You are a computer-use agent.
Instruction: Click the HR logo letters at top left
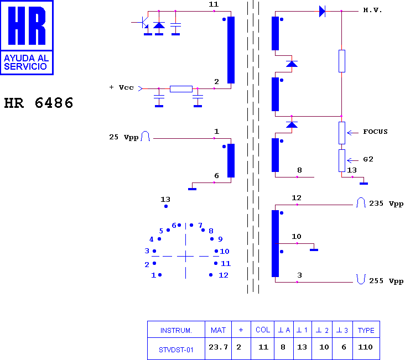pyautogui.click(x=27, y=25)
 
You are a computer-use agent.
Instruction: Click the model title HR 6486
pyautogui.click(x=39, y=103)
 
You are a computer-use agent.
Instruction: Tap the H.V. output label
pyautogui.click(x=372, y=10)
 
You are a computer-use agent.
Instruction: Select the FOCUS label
pyautogui.click(x=375, y=132)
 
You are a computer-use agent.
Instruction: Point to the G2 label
pyautogui.click(x=368, y=159)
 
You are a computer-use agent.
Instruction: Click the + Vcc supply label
pyautogui.click(x=121, y=87)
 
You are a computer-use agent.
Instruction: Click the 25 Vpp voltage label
pyautogui.click(x=124, y=137)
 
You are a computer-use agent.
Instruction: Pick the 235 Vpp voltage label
pyautogui.click(x=386, y=204)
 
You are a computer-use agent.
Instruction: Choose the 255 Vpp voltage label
pyautogui.click(x=386, y=281)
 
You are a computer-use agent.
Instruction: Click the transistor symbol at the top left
pyautogui.click(x=144, y=23)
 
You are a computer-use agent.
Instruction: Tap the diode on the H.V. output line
pyautogui.click(x=322, y=12)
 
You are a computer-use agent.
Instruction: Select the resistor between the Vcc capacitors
pyautogui.click(x=181, y=89)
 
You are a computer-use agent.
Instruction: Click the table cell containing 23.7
pyautogui.click(x=218, y=348)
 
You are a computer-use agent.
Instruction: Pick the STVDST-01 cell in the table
pyautogui.click(x=176, y=348)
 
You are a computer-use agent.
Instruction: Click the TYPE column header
pyautogui.click(x=366, y=330)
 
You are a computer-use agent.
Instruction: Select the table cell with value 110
pyautogui.click(x=366, y=348)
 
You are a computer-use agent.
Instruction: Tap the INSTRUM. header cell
pyautogui.click(x=176, y=330)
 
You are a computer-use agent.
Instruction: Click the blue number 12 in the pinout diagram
pyautogui.click(x=224, y=275)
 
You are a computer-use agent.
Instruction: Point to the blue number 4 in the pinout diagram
pyautogui.click(x=152, y=239)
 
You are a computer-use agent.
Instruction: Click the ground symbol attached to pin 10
pyautogui.click(x=314, y=250)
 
